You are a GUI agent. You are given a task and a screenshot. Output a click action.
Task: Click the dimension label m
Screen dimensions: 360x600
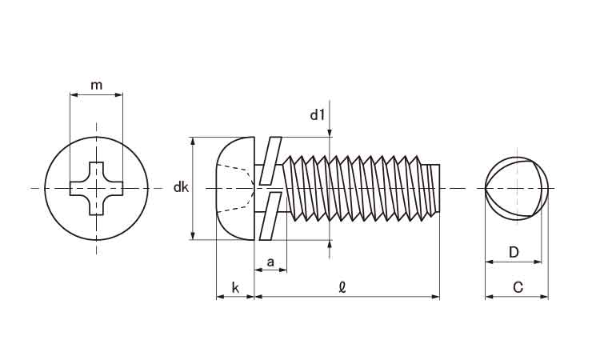click(96, 85)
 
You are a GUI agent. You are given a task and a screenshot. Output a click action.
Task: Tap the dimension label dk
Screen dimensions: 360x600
click(181, 188)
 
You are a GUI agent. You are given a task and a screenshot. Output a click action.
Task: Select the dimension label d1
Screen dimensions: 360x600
click(318, 115)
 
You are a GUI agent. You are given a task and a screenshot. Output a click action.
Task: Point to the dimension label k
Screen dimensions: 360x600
click(234, 286)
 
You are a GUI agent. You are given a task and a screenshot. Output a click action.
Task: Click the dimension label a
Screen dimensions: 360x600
click(270, 261)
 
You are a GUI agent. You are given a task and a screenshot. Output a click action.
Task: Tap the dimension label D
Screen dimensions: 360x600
click(514, 253)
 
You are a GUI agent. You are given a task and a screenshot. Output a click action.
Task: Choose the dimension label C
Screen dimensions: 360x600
click(518, 286)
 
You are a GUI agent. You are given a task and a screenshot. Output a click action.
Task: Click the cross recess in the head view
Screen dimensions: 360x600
click(97, 189)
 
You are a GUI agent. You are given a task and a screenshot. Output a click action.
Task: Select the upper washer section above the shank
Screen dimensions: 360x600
click(271, 154)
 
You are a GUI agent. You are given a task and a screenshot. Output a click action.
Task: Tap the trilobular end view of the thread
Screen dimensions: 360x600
click(517, 188)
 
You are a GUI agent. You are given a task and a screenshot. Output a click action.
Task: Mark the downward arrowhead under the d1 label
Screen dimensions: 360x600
click(330, 133)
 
